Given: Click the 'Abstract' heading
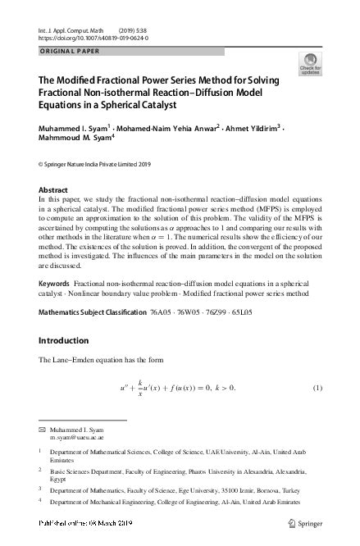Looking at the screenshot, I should pos(53,189).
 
